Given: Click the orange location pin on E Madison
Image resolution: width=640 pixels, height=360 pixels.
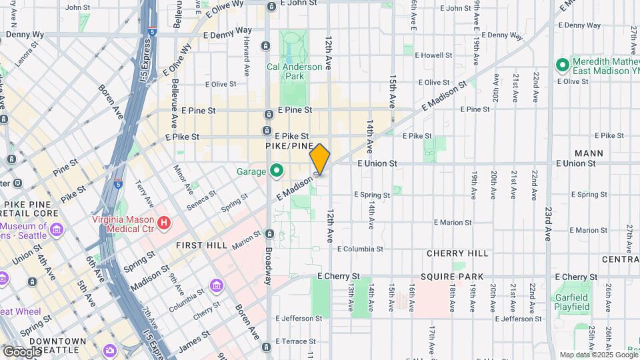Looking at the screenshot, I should pyautogui.click(x=320, y=159).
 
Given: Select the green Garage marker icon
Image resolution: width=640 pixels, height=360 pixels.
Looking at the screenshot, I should pyautogui.click(x=276, y=171).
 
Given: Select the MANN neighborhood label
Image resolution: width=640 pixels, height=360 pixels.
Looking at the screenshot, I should pyautogui.click(x=589, y=153).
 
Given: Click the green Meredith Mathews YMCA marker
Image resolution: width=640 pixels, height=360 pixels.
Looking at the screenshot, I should pyautogui.click(x=562, y=65).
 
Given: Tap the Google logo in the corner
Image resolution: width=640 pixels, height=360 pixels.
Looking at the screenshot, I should pyautogui.click(x=21, y=351).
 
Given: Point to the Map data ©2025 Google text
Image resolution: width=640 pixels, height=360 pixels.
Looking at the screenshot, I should pyautogui.click(x=599, y=355).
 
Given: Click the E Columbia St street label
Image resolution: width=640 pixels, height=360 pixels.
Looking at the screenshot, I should pyautogui.click(x=360, y=249).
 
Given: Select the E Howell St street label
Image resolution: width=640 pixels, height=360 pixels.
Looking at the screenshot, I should pyautogui.click(x=434, y=55).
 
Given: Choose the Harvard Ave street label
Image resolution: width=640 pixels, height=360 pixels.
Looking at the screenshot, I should pyautogui.click(x=246, y=45).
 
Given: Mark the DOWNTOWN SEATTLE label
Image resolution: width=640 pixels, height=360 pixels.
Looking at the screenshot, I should pyautogui.click(x=59, y=346).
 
